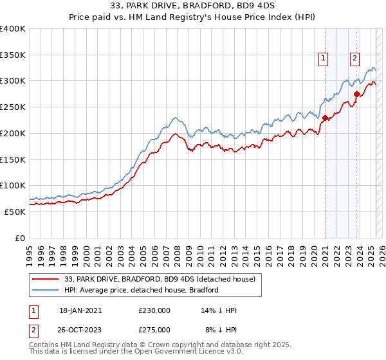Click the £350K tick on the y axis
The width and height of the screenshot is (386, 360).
tap(13, 55)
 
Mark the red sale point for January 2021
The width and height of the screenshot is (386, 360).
tap(326, 118)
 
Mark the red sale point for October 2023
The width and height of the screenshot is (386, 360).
tap(356, 94)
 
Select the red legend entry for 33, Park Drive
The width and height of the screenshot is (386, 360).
tap(160, 279)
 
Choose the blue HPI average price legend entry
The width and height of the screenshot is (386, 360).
tap(142, 290)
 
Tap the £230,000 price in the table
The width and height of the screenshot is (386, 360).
tap(154, 310)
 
